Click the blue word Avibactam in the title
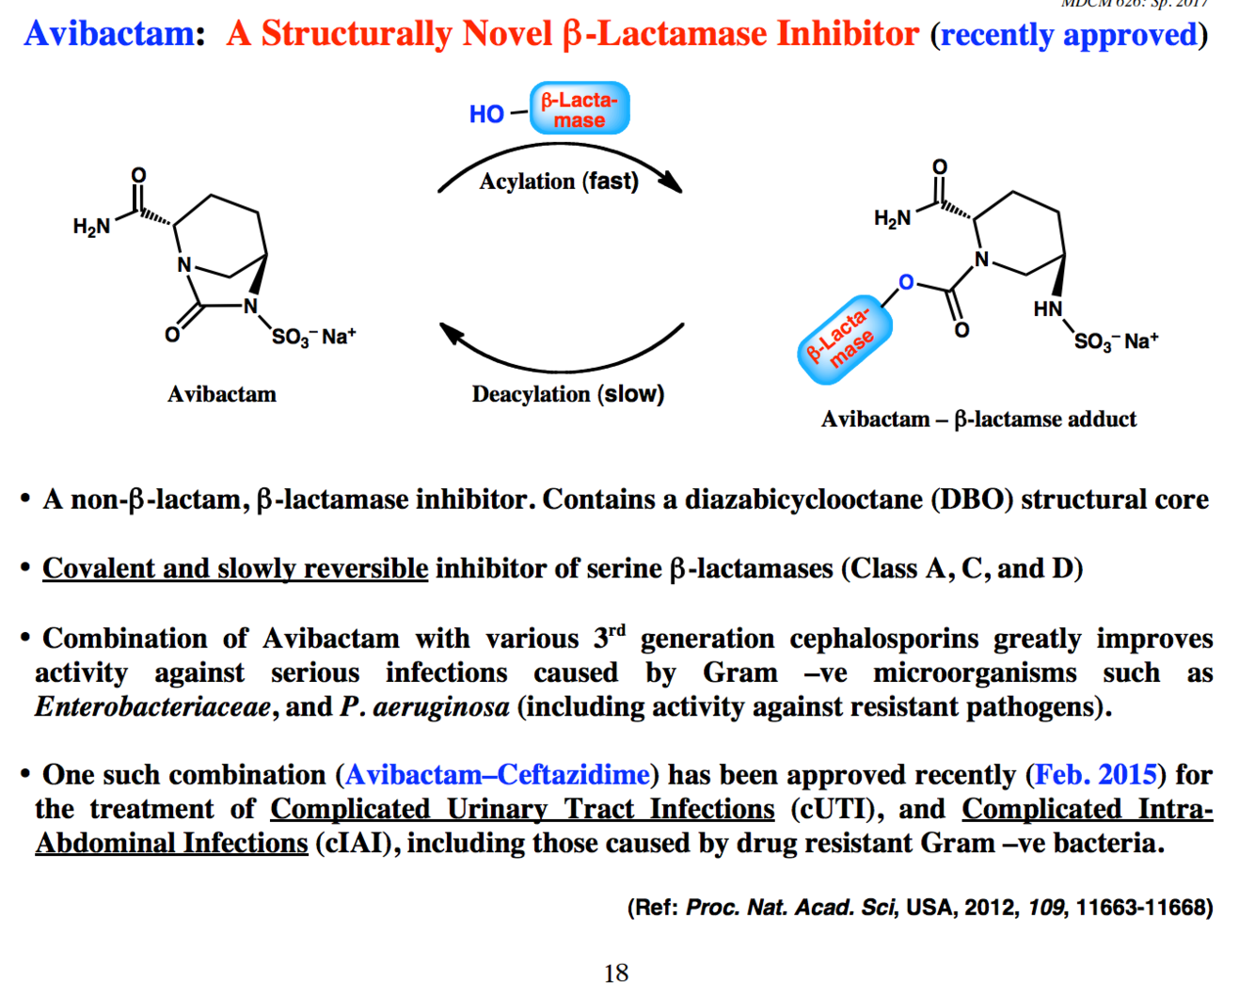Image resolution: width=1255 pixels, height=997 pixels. pos(110,34)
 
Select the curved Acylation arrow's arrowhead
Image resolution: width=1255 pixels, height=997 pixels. pos(671,181)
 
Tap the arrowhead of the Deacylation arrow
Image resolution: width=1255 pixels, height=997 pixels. pos(453,333)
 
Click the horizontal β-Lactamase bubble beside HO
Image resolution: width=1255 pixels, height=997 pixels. pos(580,109)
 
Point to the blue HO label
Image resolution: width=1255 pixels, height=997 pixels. pos(486,114)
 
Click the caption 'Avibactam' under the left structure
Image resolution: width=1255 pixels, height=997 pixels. pos(222,394)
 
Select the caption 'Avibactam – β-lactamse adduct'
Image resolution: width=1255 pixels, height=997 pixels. pos(978,419)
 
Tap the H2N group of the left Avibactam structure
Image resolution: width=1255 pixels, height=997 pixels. pos(92,226)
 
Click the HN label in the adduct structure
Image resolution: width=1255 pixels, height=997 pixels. pos(1047,309)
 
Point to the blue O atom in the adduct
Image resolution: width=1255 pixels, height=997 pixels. pos(906,282)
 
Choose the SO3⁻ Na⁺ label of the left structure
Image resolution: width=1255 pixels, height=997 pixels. pos(313,337)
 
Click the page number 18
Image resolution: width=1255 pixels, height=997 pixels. pos(616,973)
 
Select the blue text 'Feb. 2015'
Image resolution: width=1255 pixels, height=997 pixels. pos(1095,774)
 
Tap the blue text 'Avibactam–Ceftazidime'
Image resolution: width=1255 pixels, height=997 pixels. pos(498,774)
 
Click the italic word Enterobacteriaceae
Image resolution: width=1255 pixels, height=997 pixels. pos(153,706)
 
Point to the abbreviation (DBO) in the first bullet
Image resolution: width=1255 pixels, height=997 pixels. pos(971,498)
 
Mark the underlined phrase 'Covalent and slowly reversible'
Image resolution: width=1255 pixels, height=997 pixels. pos(235,568)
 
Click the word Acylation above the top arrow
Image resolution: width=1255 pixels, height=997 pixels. pos(527,182)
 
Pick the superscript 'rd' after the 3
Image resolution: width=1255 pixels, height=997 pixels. pos(616,629)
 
